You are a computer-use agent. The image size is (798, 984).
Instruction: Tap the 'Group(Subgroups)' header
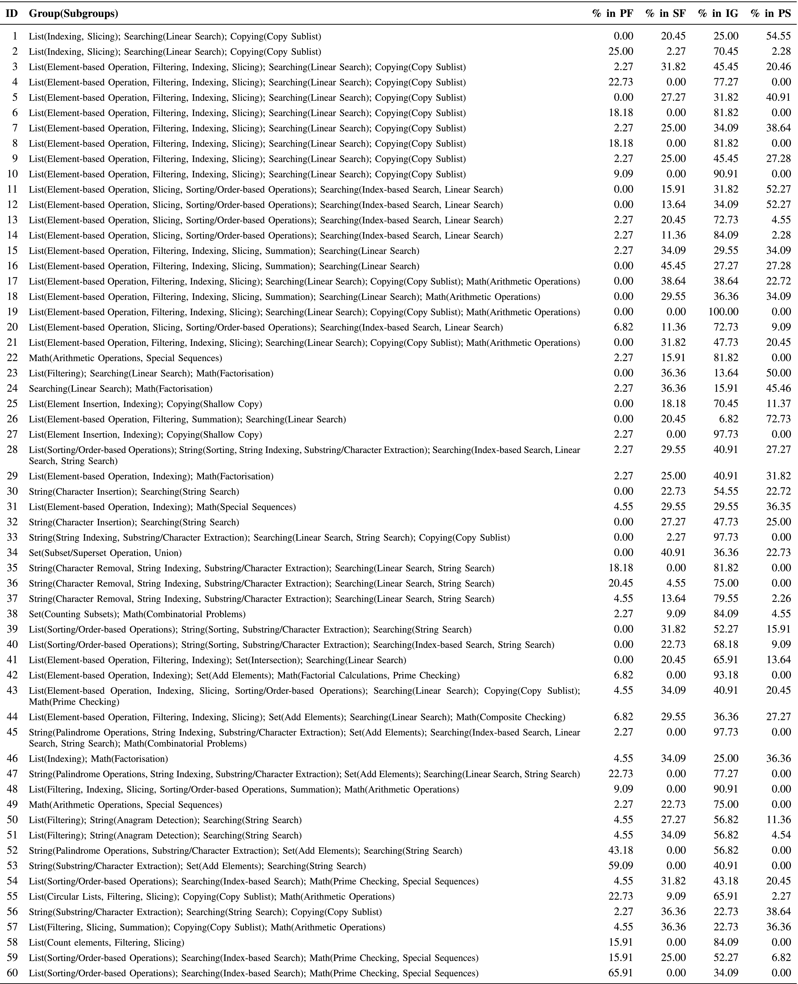[x=74, y=14]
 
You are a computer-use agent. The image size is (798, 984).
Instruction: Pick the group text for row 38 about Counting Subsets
[x=137, y=614]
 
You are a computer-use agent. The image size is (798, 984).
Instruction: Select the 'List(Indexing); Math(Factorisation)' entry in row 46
[x=98, y=759]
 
